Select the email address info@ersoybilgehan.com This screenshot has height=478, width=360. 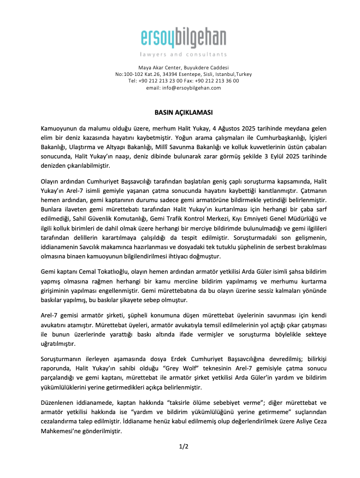click(191, 87)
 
